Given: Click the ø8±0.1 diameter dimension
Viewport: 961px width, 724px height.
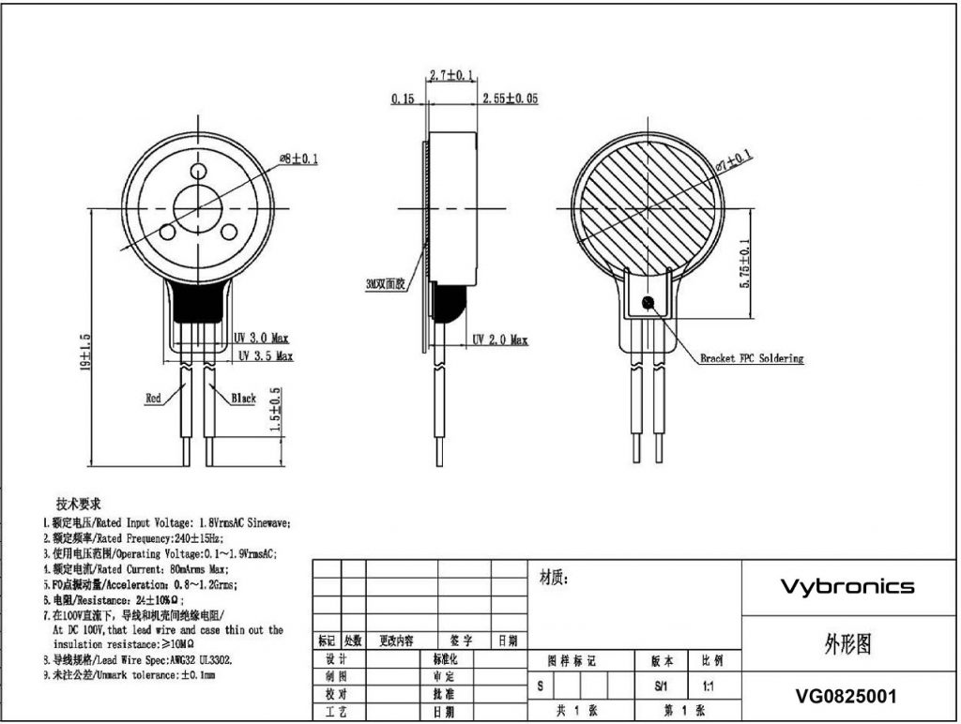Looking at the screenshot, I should (x=298, y=159).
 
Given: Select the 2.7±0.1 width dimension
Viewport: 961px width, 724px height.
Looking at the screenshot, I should (x=450, y=74).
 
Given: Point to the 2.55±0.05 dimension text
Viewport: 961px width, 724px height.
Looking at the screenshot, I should (x=509, y=98).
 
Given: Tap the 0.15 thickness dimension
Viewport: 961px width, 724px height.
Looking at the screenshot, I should (x=403, y=98).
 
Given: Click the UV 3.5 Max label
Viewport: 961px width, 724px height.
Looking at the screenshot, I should (x=265, y=356).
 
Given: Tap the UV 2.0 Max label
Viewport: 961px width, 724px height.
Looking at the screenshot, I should (x=499, y=339).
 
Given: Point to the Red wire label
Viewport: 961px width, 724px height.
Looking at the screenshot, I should (x=153, y=399).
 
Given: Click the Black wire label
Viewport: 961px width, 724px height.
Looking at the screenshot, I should (x=243, y=399).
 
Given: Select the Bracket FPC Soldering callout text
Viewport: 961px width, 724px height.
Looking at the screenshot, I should (x=752, y=358).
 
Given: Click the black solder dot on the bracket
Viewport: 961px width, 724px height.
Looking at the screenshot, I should (x=648, y=302).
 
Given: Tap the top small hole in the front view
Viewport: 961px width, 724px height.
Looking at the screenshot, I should (x=199, y=172).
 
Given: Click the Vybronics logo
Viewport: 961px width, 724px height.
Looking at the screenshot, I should (x=847, y=587).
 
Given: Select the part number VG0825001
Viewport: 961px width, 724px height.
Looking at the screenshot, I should (x=846, y=697).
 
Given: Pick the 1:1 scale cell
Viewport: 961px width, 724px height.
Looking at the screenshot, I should (x=706, y=686).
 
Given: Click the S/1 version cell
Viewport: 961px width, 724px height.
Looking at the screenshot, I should (x=661, y=686).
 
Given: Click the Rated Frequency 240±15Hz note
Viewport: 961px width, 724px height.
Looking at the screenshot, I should (x=131, y=538).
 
